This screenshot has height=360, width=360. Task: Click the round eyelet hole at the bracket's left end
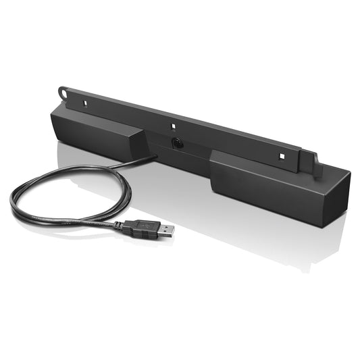coord(63,91)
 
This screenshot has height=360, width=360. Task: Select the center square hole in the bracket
coord(173,126)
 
